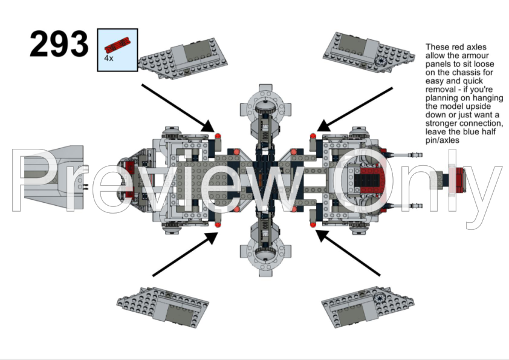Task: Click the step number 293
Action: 59,44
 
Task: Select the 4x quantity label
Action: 109,59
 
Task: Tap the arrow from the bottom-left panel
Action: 184,255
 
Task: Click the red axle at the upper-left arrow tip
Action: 218,134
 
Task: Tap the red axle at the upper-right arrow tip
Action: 313,134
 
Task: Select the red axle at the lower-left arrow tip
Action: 218,225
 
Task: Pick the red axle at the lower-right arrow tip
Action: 313,225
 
